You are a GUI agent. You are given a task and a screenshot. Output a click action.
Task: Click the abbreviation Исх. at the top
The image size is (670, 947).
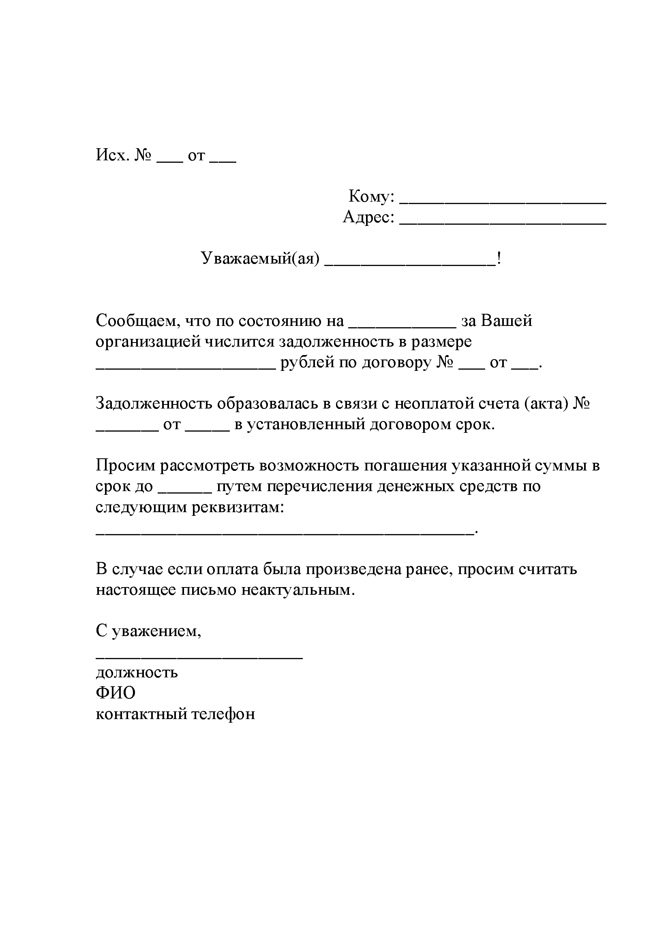pos(112,155)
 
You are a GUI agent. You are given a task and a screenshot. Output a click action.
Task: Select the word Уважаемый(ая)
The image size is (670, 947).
pos(260,259)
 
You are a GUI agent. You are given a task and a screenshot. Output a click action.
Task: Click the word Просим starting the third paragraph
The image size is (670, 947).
pos(125,466)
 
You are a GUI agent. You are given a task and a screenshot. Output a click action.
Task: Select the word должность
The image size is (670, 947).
pos(137,673)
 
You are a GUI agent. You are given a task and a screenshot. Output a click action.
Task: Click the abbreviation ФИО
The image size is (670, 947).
pos(116,693)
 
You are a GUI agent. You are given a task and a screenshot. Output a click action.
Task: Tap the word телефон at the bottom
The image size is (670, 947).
pos(223,714)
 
